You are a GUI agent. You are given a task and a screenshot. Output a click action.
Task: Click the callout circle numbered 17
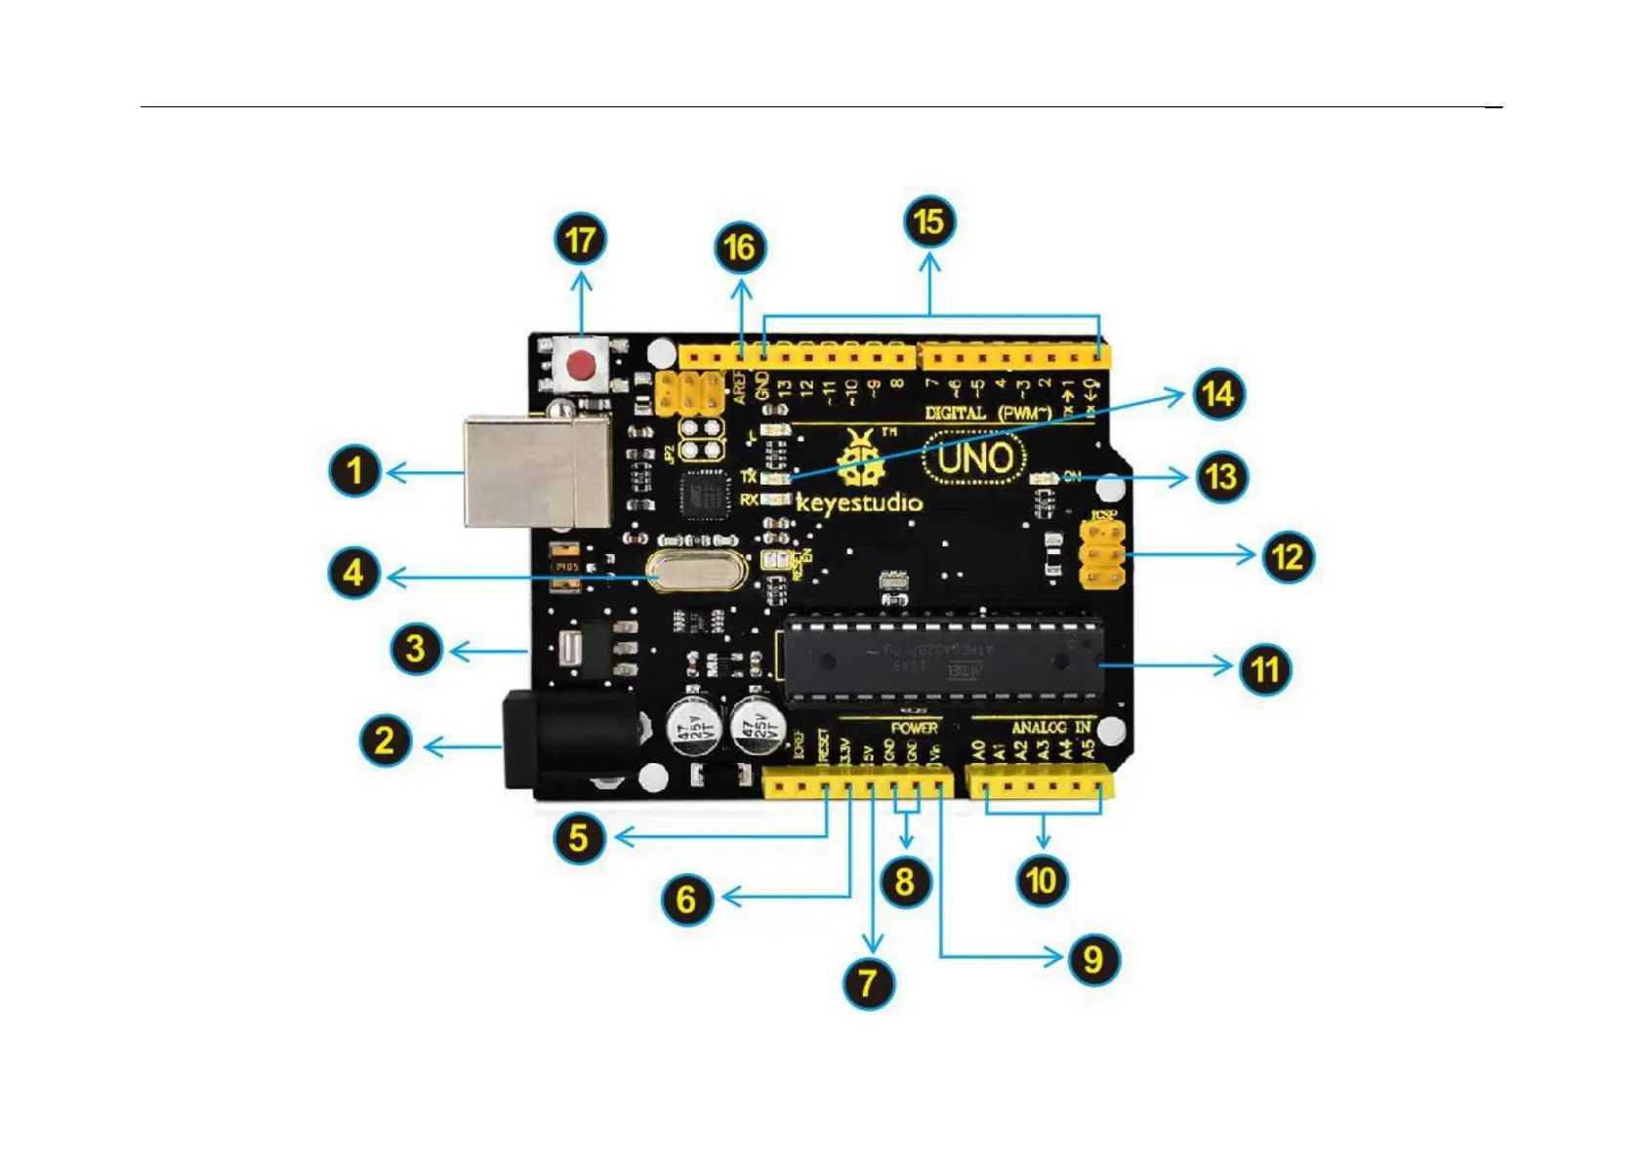(x=581, y=240)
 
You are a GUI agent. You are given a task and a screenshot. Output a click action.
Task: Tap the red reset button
(x=582, y=367)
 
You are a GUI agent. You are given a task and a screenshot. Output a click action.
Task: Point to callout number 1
(x=354, y=470)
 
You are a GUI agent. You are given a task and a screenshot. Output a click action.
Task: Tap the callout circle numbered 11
(x=1265, y=669)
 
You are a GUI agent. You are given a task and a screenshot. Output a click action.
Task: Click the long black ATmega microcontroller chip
(x=943, y=661)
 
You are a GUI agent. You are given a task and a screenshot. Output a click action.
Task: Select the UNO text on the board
(x=974, y=459)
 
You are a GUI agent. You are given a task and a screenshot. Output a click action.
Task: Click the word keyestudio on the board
(x=859, y=503)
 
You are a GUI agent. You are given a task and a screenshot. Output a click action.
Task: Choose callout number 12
(x=1288, y=557)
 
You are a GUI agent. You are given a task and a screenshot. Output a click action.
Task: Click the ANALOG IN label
(x=1050, y=728)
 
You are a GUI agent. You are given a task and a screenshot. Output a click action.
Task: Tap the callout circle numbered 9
(x=1093, y=959)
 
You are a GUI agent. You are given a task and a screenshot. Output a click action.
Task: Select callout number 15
(x=929, y=222)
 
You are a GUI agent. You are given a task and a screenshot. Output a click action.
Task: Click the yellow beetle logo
(x=860, y=459)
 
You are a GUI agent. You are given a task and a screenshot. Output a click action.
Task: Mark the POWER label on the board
(x=914, y=728)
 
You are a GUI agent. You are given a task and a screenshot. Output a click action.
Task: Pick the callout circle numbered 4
(x=353, y=573)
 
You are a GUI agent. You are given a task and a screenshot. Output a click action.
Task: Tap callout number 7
(x=869, y=982)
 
